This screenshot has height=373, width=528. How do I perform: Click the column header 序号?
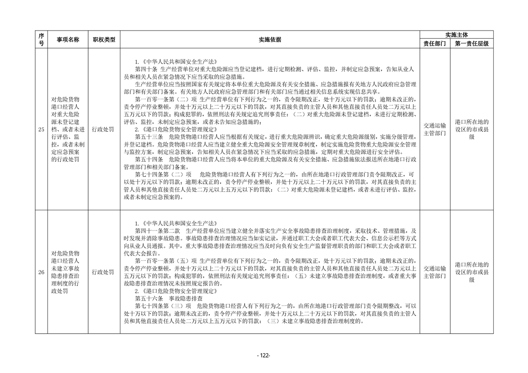(x=41, y=40)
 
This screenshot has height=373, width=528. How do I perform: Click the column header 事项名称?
(x=68, y=40)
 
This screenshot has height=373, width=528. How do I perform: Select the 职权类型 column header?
(x=104, y=40)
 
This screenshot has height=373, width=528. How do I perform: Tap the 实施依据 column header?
(x=270, y=40)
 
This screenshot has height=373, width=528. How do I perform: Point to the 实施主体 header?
(x=456, y=35)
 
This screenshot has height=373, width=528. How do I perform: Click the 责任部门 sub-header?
(x=434, y=44)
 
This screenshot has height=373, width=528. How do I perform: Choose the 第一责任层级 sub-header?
(x=472, y=44)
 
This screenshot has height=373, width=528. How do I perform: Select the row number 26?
(x=41, y=272)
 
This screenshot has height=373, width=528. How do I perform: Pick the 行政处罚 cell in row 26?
(x=104, y=272)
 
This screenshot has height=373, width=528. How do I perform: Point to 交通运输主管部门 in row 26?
(x=434, y=272)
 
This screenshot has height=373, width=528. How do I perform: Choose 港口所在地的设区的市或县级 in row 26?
(x=472, y=272)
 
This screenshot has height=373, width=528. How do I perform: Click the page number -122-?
(x=264, y=356)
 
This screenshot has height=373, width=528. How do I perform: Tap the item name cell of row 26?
(x=68, y=272)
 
